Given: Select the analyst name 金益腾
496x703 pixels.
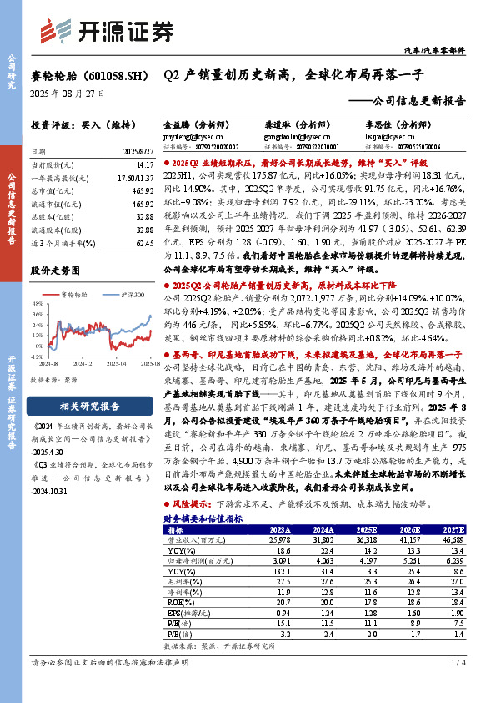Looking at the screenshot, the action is [x=178, y=122].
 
